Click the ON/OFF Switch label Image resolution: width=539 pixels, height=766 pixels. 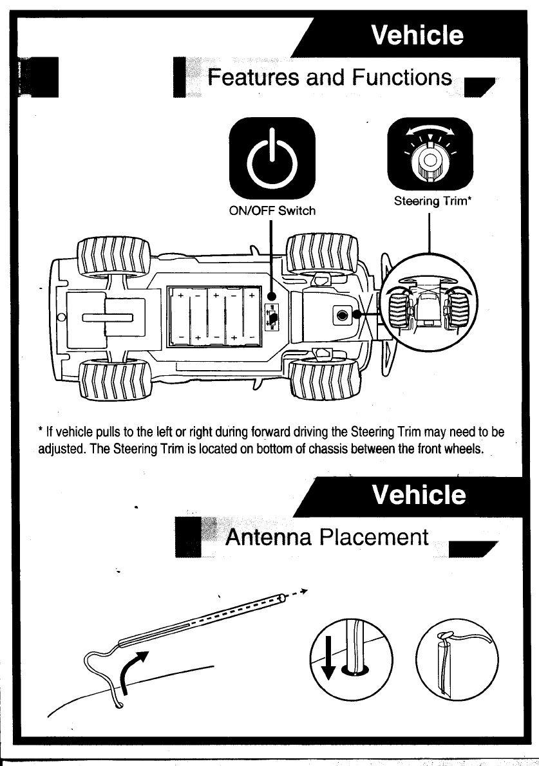click(x=272, y=210)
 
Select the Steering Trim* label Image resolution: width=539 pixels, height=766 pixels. click(x=433, y=201)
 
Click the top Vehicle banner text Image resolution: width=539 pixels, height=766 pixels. click(x=417, y=34)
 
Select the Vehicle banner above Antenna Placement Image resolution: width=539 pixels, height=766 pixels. click(x=419, y=495)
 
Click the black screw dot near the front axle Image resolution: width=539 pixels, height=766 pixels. click(x=341, y=315)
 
